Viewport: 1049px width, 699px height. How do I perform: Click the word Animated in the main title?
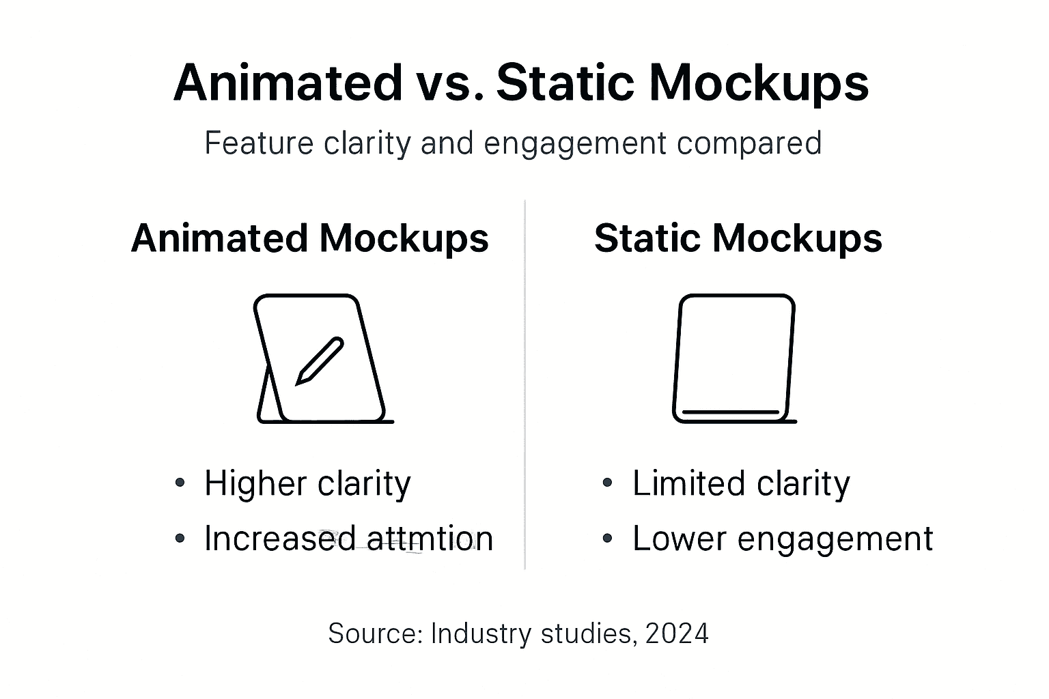tap(288, 83)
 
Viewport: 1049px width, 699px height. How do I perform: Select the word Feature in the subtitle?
tap(259, 144)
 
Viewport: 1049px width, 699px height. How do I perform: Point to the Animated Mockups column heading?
tap(309, 238)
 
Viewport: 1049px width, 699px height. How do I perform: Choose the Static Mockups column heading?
tap(738, 238)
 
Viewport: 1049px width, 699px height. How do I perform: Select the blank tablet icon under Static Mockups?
tap(734, 358)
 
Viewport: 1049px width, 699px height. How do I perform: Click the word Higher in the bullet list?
tap(255, 484)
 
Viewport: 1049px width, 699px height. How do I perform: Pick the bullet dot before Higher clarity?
tap(180, 483)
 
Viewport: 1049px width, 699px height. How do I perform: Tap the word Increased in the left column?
tap(279, 539)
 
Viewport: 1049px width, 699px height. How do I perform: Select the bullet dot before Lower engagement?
tap(607, 538)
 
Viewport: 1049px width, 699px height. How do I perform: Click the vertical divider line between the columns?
tap(524, 382)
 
